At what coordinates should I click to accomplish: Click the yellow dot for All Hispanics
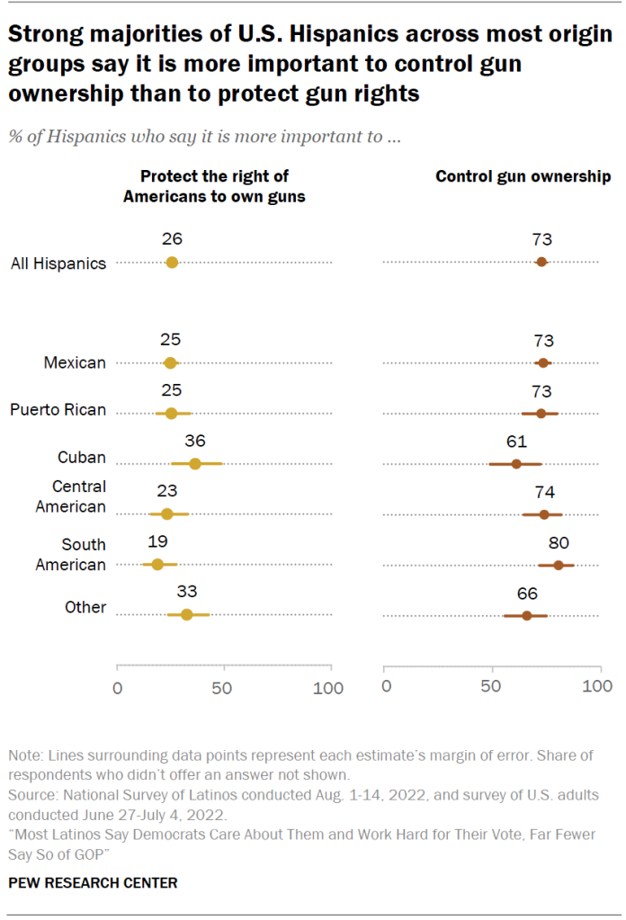point(172,262)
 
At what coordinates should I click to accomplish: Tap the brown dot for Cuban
point(516,464)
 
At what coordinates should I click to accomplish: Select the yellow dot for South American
point(157,565)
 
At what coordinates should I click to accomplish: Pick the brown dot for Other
point(527,615)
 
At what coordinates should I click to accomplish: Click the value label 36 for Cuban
point(194,441)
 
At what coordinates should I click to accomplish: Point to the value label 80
point(559,542)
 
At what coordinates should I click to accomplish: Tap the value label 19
point(156,542)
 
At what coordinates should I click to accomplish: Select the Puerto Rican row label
point(58,409)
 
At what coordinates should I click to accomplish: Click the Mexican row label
point(75,362)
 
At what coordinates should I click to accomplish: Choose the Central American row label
point(70,496)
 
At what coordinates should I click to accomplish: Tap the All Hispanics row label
point(58,263)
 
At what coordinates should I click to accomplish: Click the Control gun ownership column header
point(523,176)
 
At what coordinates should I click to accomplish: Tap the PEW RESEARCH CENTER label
point(93,882)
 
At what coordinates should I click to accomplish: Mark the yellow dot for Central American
point(166,514)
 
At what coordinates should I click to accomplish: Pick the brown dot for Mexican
point(542,362)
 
